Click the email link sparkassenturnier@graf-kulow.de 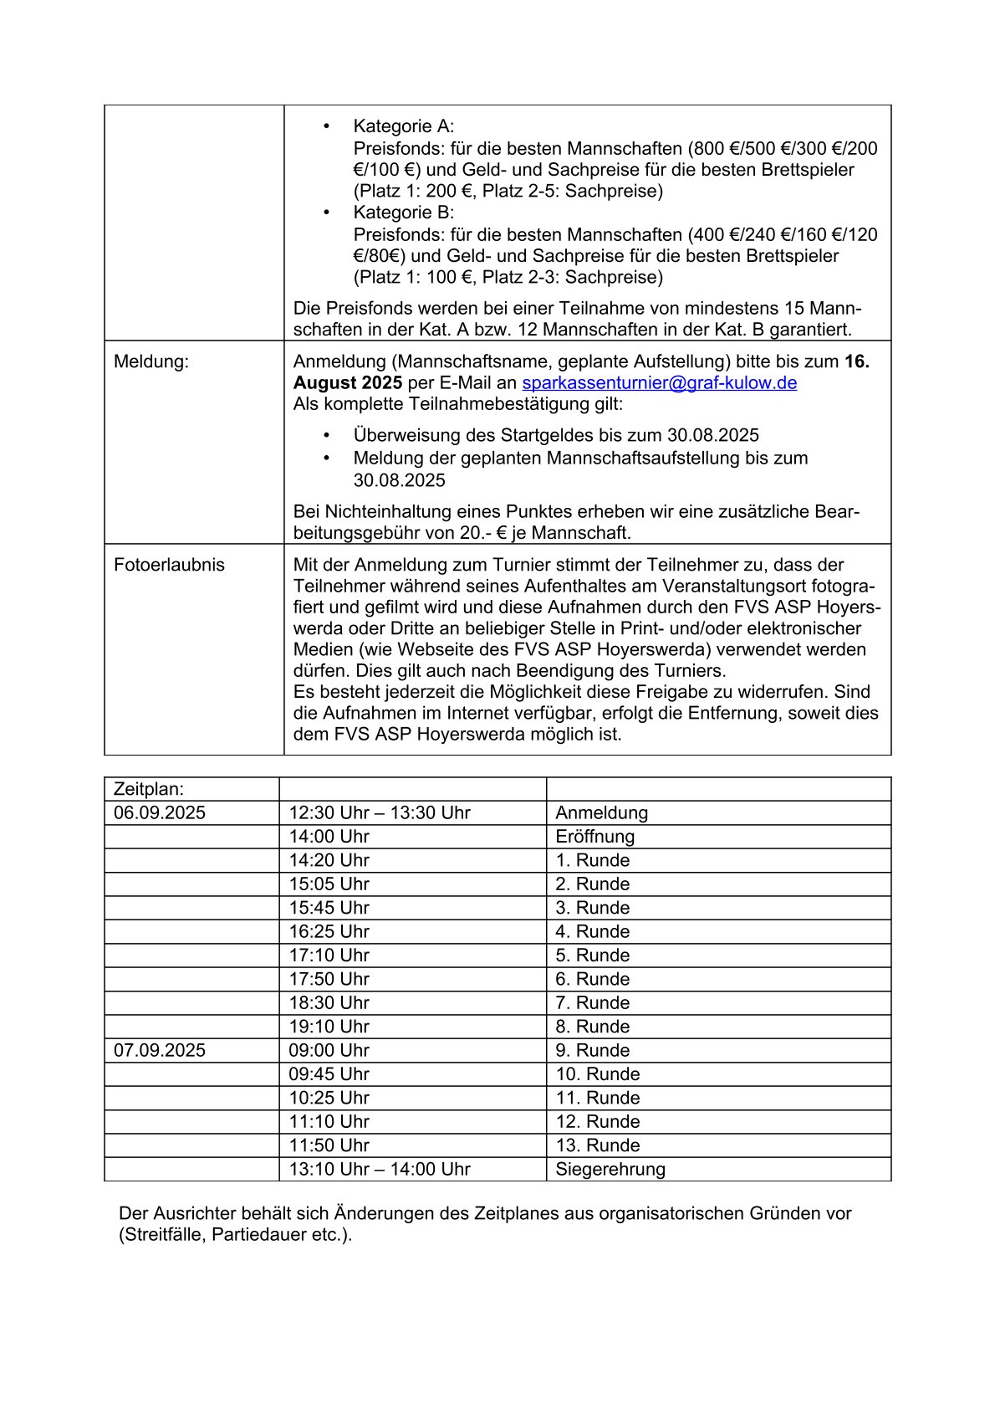click(x=659, y=383)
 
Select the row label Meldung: click(x=151, y=361)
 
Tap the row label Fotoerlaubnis click(x=169, y=565)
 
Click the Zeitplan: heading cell click(x=149, y=789)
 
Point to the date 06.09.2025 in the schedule click(x=160, y=812)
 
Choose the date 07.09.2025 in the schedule click(x=160, y=1050)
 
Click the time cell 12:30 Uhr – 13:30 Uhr click(x=380, y=812)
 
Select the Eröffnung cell click(x=594, y=837)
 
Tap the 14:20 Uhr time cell click(x=329, y=860)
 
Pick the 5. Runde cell click(x=592, y=956)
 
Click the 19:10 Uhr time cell click(x=329, y=1027)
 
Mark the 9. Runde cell click(x=592, y=1050)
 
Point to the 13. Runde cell click(x=597, y=1145)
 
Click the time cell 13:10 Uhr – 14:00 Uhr click(x=380, y=1169)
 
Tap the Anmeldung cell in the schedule click(x=601, y=812)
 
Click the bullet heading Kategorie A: click(x=404, y=126)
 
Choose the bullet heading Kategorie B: click(x=404, y=213)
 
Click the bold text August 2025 click(x=348, y=383)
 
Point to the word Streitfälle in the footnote click(x=162, y=1235)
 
